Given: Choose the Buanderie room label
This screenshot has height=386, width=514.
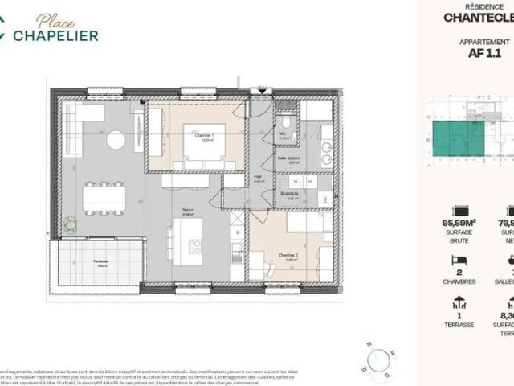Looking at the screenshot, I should coord(300,194).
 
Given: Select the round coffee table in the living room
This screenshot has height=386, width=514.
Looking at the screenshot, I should coord(116,140).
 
